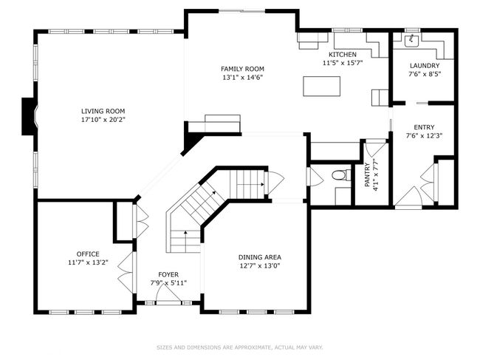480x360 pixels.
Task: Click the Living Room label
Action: coord(103,111)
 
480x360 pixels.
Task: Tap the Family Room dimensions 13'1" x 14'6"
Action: coord(243,78)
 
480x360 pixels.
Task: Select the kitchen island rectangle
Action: coord(322,86)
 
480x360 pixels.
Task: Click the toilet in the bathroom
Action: coord(338,175)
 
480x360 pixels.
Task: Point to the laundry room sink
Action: coord(412,41)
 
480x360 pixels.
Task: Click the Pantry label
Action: coord(367,175)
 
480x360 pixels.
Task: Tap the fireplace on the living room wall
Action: coord(30,116)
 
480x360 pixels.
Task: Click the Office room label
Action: coord(88,254)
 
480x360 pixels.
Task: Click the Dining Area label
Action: coord(260,257)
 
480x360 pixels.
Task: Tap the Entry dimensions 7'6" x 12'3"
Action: coord(425,136)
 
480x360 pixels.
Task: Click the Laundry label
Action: coord(425,66)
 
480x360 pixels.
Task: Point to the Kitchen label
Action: coord(343,55)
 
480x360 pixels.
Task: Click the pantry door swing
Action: coord(376,148)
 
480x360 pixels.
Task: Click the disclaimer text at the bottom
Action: coord(240,347)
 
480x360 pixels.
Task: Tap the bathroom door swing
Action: coord(315,177)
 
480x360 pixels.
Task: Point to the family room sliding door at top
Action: coord(241,11)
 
